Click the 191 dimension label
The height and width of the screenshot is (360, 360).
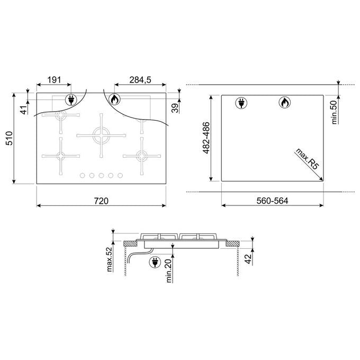(x=54, y=80)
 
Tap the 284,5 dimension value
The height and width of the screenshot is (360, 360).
(x=140, y=80)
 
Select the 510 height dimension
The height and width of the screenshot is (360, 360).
(x=9, y=138)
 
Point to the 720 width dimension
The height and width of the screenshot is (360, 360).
(x=101, y=201)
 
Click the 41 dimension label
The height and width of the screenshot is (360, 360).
(x=24, y=110)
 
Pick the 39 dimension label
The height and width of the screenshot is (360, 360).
(x=175, y=108)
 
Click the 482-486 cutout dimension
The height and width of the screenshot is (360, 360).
(x=206, y=138)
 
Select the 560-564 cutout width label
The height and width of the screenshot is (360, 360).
(x=272, y=201)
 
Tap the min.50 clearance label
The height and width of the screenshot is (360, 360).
(x=334, y=112)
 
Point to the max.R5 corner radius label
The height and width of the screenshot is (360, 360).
(x=307, y=159)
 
